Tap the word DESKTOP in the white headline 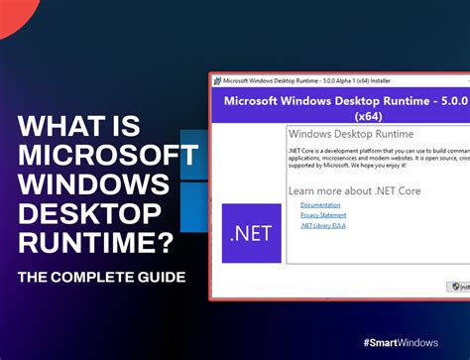click(x=88, y=216)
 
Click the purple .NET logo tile click(x=251, y=234)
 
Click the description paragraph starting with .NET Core click(x=377, y=159)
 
